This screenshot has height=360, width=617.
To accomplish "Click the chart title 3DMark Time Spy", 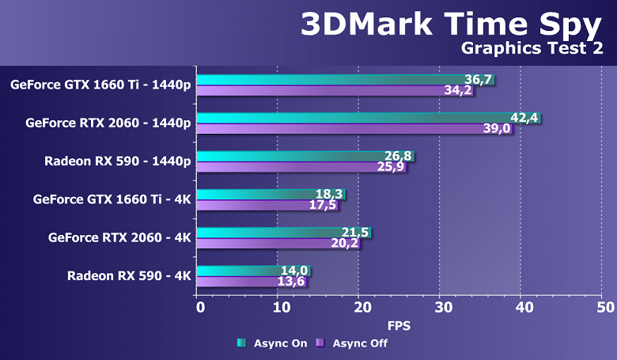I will click(450, 24).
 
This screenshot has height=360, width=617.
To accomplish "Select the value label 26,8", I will click(398, 156).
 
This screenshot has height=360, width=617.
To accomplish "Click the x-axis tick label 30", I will click(441, 307).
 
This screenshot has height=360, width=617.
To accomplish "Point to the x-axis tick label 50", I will click(603, 307).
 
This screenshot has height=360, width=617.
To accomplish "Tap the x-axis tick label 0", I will click(199, 307).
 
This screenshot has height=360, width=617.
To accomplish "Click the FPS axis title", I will click(399, 325).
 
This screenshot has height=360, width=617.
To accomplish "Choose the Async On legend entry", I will click(274, 343).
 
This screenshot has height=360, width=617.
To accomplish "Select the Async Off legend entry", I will click(352, 343).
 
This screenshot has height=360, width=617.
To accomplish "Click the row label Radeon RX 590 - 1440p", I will click(118, 161).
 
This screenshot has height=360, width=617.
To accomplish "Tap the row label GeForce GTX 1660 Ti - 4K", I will click(112, 199).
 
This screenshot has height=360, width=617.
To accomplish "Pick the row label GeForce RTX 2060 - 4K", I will click(119, 237).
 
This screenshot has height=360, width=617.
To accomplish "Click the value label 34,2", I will click(458, 91).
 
